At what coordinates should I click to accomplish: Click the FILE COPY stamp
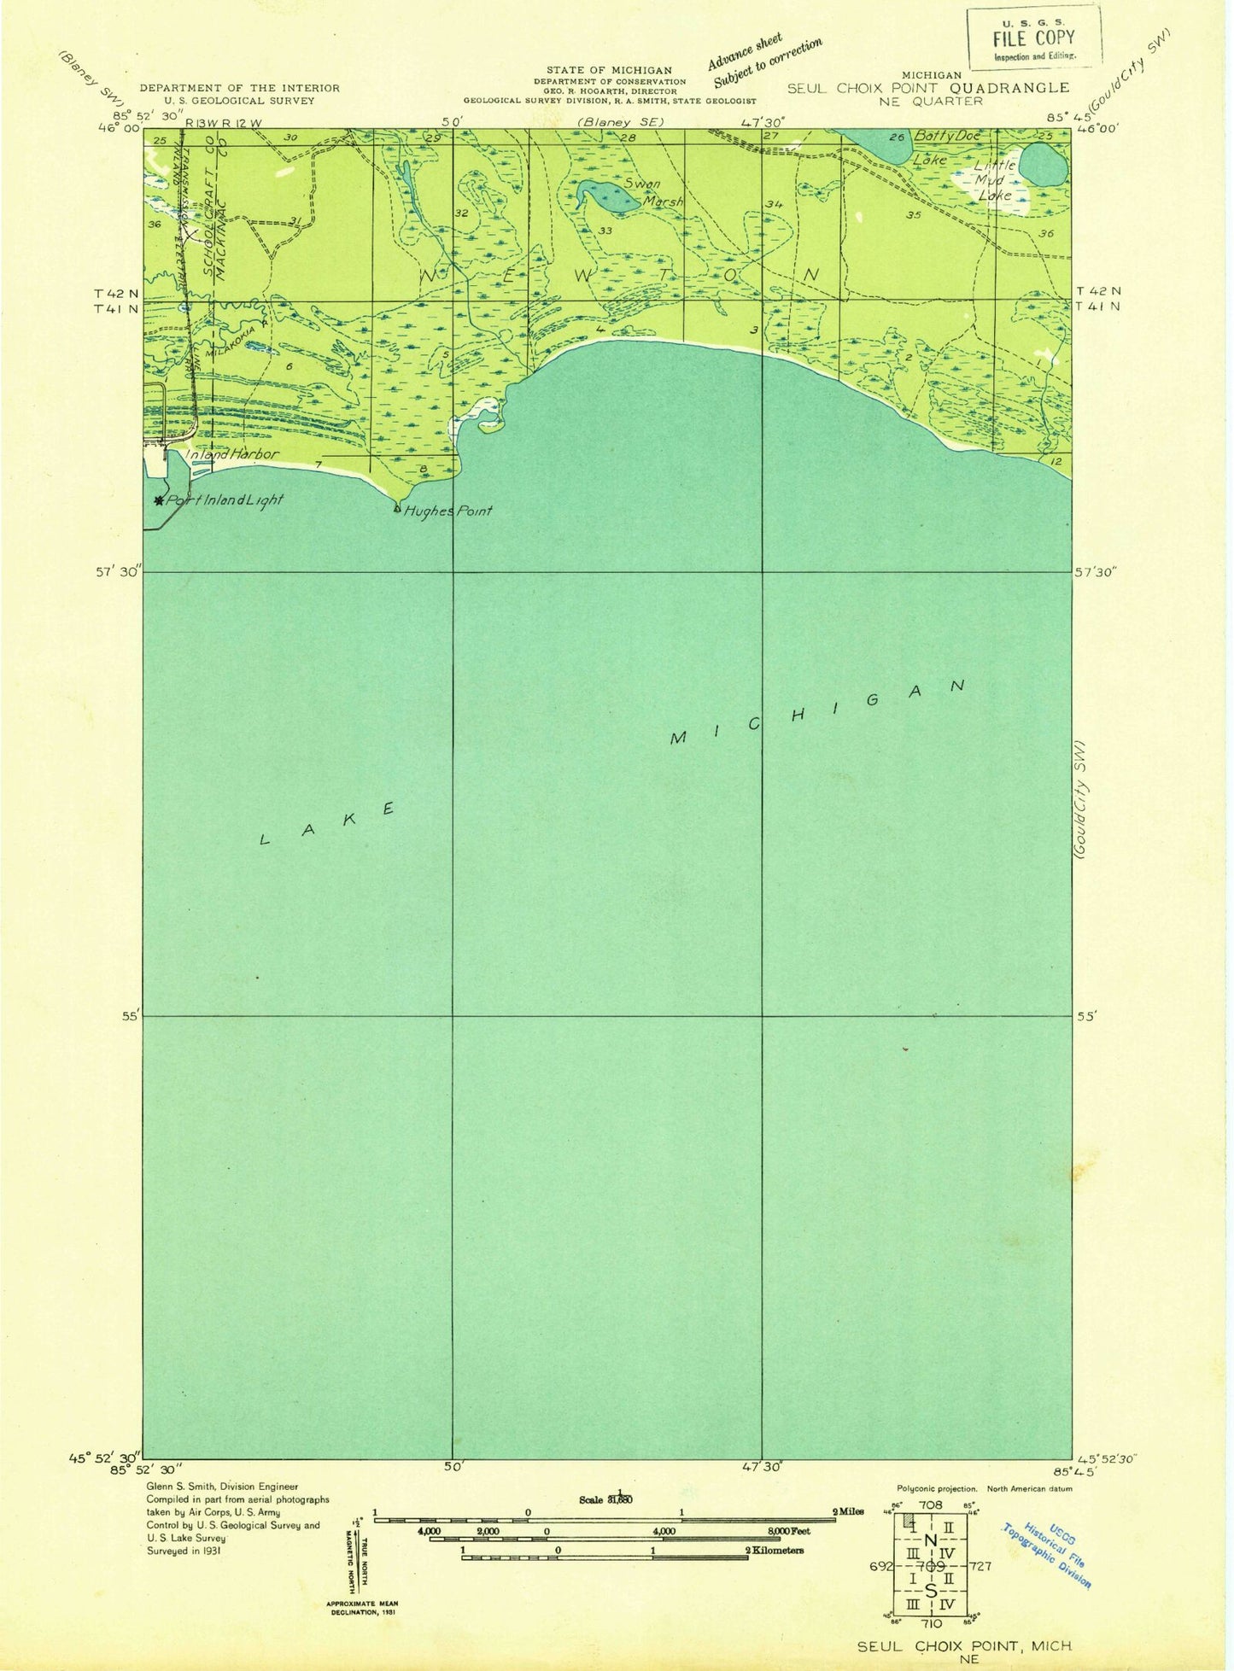[x=1034, y=38]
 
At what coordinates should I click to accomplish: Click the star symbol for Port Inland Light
[x=158, y=500]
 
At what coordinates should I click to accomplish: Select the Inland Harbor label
[x=232, y=454]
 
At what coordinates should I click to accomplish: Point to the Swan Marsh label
[x=653, y=193]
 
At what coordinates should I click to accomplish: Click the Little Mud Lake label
[x=995, y=180]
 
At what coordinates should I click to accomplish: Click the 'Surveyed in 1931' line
[x=184, y=1551]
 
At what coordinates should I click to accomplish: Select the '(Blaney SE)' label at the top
[x=621, y=122]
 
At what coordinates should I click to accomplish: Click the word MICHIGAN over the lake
[x=817, y=712]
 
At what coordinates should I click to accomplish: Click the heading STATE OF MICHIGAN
[x=609, y=70]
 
